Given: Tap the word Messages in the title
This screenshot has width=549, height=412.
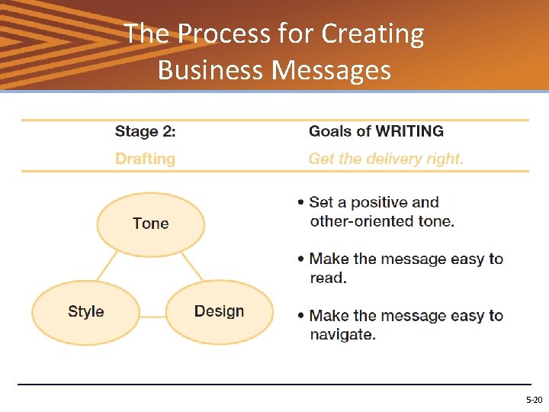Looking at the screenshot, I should (x=332, y=69).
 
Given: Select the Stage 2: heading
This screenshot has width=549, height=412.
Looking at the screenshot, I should (x=145, y=131).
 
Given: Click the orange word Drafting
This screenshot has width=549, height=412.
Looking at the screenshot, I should (x=145, y=159).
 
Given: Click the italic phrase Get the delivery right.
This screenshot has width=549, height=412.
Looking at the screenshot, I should (x=386, y=159).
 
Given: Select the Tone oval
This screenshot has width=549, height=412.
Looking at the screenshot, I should (x=150, y=224).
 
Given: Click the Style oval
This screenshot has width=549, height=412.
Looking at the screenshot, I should (x=85, y=311).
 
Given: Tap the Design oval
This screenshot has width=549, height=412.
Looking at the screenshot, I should (x=219, y=311).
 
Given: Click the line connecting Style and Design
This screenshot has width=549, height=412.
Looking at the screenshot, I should (x=152, y=315).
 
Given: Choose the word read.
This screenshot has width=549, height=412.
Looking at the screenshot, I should (x=328, y=278).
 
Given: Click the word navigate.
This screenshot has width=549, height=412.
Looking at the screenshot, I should (x=342, y=334).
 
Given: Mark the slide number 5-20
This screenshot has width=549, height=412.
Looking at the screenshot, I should (x=534, y=400).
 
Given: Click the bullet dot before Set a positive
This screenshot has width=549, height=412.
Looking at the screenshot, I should (x=302, y=203).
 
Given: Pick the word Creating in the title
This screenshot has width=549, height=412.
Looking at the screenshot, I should (x=373, y=34).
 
